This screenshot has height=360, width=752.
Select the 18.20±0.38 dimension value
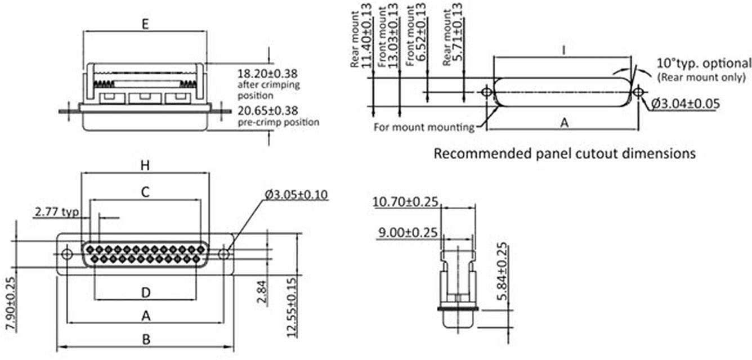[267, 73]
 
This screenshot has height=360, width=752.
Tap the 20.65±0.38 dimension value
[267, 110]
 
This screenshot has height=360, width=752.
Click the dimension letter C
[145, 192]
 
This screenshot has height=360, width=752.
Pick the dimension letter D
[145, 292]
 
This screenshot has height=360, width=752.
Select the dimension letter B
[146, 340]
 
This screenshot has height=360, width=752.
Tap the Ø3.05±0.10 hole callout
[297, 195]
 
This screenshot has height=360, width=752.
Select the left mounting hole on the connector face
[67, 254]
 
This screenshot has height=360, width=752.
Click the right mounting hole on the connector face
[224, 254]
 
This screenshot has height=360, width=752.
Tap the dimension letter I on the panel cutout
[563, 50]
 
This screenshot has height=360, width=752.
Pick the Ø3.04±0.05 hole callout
[686, 104]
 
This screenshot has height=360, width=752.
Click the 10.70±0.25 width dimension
[405, 201]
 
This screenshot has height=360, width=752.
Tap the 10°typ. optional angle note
[704, 63]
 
